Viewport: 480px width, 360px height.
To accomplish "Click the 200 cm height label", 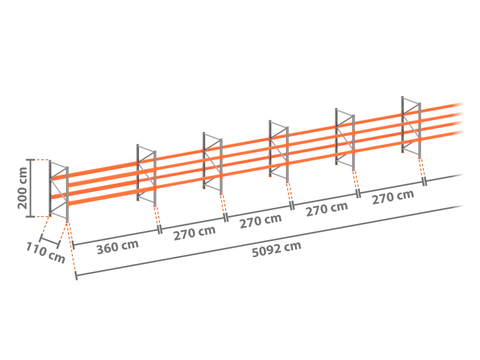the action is point(22,188).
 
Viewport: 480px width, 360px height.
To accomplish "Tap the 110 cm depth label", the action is point(45,253).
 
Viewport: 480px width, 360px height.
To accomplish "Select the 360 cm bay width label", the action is point(118,247).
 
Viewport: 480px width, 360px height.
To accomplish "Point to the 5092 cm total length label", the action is point(276,249).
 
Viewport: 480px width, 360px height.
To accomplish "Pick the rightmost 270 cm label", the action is point(393,197).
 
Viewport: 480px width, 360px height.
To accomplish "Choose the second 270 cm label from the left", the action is point(261,221).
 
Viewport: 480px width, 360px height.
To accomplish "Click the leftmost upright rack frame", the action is point(59,191).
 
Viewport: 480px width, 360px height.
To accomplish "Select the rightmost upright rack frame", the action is point(411,127).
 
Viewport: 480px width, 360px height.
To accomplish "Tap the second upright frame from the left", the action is point(146,175).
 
